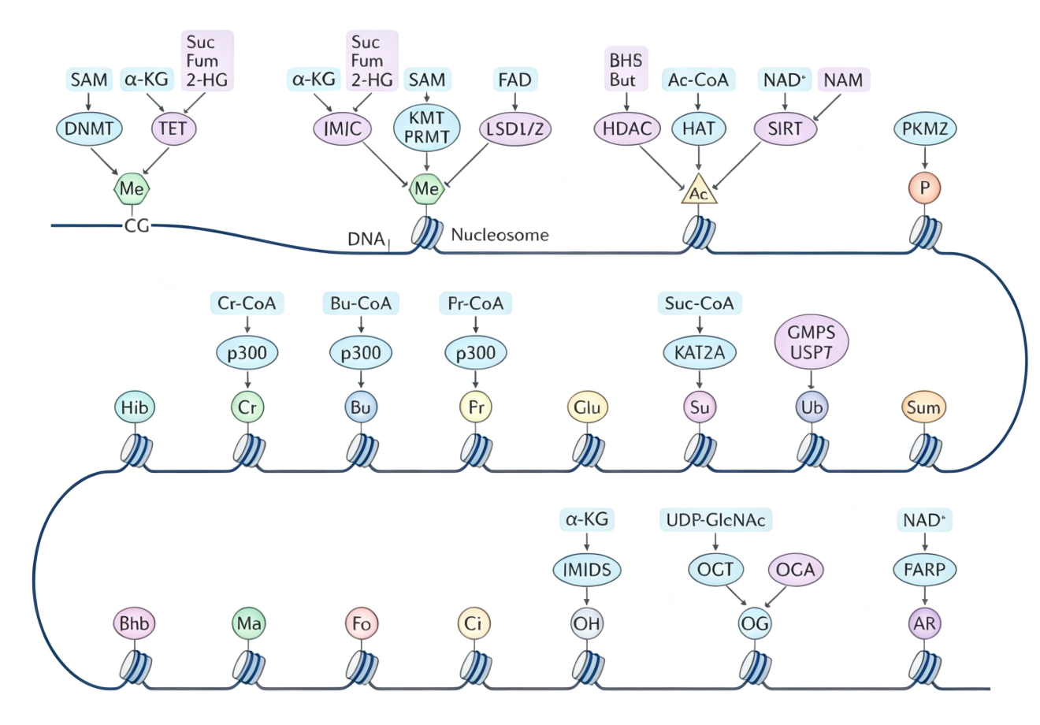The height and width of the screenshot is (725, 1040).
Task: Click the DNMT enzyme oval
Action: (89, 128)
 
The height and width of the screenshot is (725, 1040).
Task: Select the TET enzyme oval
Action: (173, 128)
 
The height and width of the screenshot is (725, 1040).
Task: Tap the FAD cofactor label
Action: (514, 80)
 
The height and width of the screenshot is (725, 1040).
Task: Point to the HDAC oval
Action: (627, 128)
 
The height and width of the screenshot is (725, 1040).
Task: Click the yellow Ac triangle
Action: (699, 191)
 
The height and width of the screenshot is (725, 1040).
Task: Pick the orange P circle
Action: (924, 188)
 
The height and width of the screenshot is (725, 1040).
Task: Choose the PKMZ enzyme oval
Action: (925, 128)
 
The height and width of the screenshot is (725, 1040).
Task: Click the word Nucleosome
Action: (500, 235)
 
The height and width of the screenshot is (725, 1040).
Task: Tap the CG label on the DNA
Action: (137, 225)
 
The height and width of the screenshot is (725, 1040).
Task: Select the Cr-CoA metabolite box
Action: (247, 303)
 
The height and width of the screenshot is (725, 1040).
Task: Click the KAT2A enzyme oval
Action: (700, 352)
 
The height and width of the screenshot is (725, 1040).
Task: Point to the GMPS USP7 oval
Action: (811, 342)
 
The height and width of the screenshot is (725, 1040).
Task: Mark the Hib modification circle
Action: (135, 407)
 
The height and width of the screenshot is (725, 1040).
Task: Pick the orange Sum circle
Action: (923, 407)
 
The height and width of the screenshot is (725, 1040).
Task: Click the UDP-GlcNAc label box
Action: (715, 520)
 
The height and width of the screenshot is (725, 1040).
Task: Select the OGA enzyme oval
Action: (796, 570)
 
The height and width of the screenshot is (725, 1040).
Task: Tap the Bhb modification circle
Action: (135, 623)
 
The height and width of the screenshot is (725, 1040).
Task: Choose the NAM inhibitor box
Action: (843, 80)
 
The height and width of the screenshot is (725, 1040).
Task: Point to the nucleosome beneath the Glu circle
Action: (589, 452)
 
